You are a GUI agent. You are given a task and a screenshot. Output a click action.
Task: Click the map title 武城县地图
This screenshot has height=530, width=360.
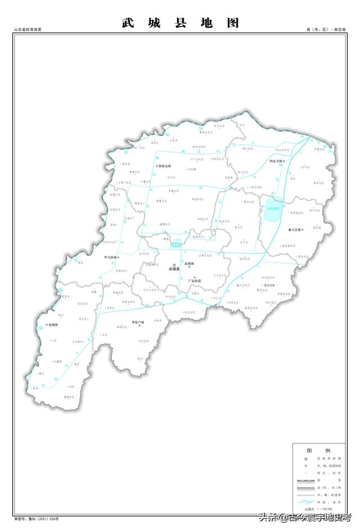[x=180, y=23]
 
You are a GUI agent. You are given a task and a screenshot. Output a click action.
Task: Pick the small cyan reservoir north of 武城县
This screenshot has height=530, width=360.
[x=177, y=243]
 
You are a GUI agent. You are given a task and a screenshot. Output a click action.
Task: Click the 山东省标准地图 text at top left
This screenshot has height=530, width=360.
[x=28, y=29]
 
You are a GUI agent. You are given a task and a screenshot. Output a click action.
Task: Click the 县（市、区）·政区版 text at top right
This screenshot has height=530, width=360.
[x=326, y=29]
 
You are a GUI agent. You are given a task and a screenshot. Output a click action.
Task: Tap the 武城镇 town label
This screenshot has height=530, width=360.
[x=189, y=263]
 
